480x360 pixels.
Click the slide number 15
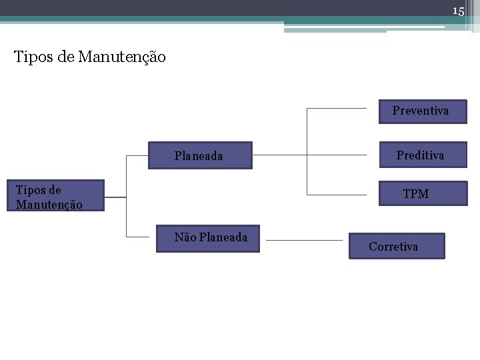tap(458, 11)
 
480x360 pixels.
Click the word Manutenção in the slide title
tap(122, 57)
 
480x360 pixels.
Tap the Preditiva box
tap(423, 155)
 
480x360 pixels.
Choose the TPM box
tap(423, 193)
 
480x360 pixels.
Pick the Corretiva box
tap(397, 246)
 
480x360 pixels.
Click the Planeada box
tap(200, 155)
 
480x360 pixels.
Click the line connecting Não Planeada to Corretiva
tap(304, 240)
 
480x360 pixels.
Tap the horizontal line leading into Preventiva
tap(337, 108)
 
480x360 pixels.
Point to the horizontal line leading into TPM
tap(337, 195)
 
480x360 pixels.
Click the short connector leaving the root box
tap(115, 197)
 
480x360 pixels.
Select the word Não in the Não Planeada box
tap(185, 237)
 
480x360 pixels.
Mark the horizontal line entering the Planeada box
tap(137, 156)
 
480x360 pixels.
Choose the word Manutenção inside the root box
tap(49, 205)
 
